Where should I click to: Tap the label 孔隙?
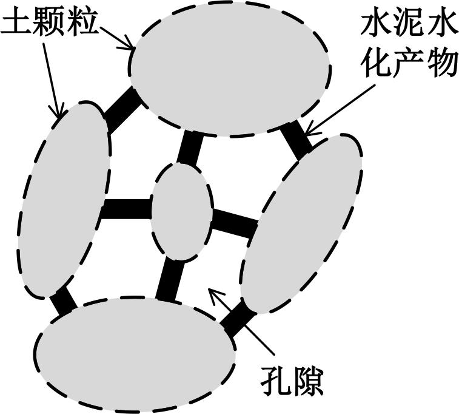pyautogui.click(x=292, y=380)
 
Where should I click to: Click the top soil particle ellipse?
pyautogui.click(x=230, y=68)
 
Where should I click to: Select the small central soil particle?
pyautogui.click(x=181, y=212)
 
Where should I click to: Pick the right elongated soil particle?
pyautogui.click(x=301, y=224)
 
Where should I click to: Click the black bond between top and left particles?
pyautogui.click(x=121, y=110)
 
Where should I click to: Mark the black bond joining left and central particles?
pyautogui.click(x=127, y=209)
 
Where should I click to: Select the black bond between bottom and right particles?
pyautogui.click(x=238, y=319)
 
